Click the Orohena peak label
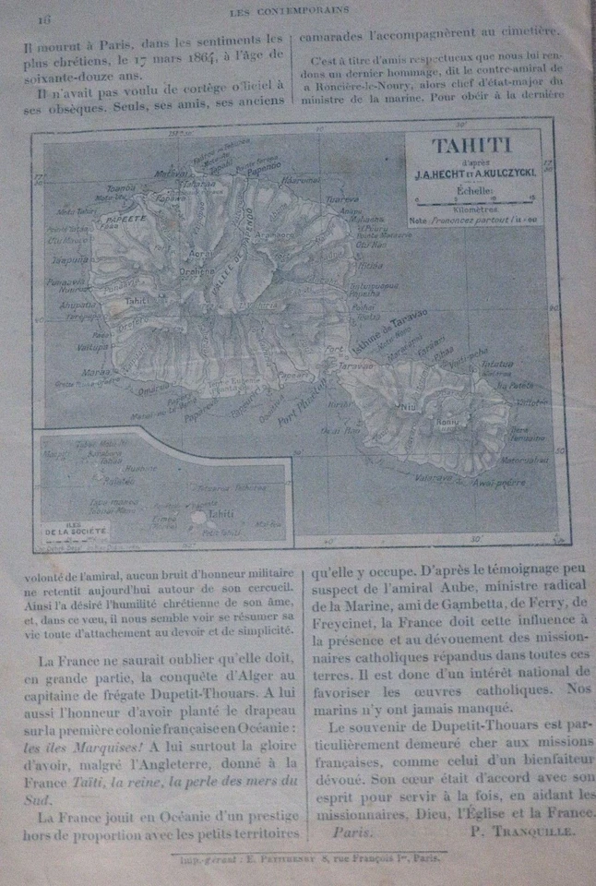tap(197, 272)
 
